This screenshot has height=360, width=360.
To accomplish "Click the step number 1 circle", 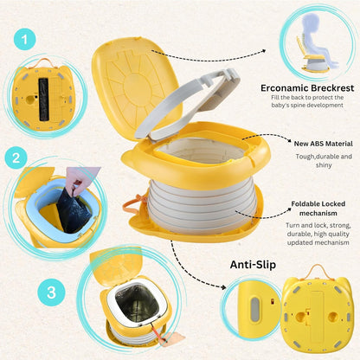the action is tap(25, 39).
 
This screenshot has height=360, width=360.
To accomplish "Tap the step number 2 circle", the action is tap(16, 157).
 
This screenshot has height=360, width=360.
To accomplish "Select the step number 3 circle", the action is tap(52, 292).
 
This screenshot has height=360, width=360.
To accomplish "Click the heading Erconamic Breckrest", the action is tap(307, 88).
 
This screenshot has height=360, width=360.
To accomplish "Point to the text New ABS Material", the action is tap(324, 144).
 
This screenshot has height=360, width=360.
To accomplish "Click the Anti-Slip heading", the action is tap(253, 265).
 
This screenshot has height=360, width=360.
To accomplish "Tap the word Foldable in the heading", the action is tap(305, 204).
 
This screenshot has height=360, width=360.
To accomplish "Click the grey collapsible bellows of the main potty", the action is tap(201, 206).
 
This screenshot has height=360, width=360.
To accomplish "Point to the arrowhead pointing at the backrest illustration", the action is tap(263, 51).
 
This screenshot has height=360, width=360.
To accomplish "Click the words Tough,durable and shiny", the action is tap(324, 161).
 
